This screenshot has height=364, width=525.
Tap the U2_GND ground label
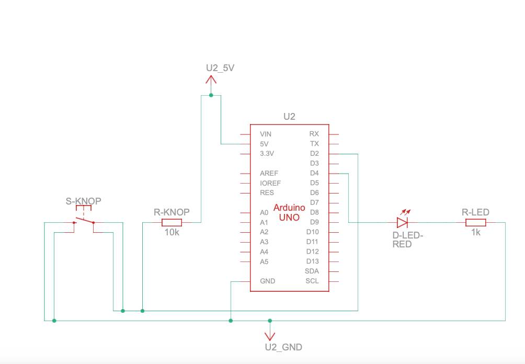pos(283,347)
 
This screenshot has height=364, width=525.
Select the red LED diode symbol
pos(402,223)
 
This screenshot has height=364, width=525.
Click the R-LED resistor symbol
pos(475,223)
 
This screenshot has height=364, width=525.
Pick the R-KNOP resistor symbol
pos(171,223)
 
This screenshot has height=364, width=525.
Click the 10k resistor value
pos(171,232)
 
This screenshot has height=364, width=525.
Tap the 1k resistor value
pos(475,232)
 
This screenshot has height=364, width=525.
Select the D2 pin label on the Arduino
pos(314,154)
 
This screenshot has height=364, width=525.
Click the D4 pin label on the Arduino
pos(314,173)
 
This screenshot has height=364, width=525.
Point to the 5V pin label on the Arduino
pos(264,144)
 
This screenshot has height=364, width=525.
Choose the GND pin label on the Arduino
pos(267,281)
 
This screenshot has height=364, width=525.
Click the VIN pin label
pos(266,134)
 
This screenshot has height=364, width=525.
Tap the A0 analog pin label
pos(264,213)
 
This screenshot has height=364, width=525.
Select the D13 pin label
pos(312,261)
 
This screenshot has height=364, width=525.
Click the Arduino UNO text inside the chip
pos(289,212)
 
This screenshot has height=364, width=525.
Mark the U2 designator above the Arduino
pos(289,117)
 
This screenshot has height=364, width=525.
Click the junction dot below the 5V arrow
pos(211,95)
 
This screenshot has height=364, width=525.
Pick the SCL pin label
pos(312,281)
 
